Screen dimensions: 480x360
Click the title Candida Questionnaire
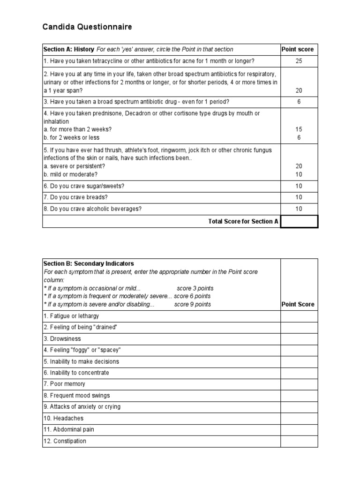(x=87, y=27)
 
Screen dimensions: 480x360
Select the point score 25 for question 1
(x=299, y=61)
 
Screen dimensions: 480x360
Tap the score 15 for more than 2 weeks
(x=299, y=129)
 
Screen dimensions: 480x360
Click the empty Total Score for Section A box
(x=299, y=221)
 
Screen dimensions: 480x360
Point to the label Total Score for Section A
(x=243, y=221)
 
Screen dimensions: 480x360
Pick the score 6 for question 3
(x=299, y=102)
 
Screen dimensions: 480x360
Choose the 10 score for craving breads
(x=299, y=197)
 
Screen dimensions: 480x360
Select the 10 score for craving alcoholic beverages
(x=299, y=209)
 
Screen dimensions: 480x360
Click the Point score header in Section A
(x=297, y=50)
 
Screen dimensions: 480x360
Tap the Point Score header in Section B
(x=298, y=305)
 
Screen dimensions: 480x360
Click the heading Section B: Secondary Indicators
(x=89, y=263)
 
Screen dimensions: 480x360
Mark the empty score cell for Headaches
(x=299, y=419)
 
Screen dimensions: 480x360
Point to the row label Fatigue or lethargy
(x=71, y=316)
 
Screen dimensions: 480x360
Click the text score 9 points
(x=193, y=305)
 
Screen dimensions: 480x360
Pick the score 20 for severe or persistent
(x=299, y=166)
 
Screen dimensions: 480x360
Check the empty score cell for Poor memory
(x=299, y=384)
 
